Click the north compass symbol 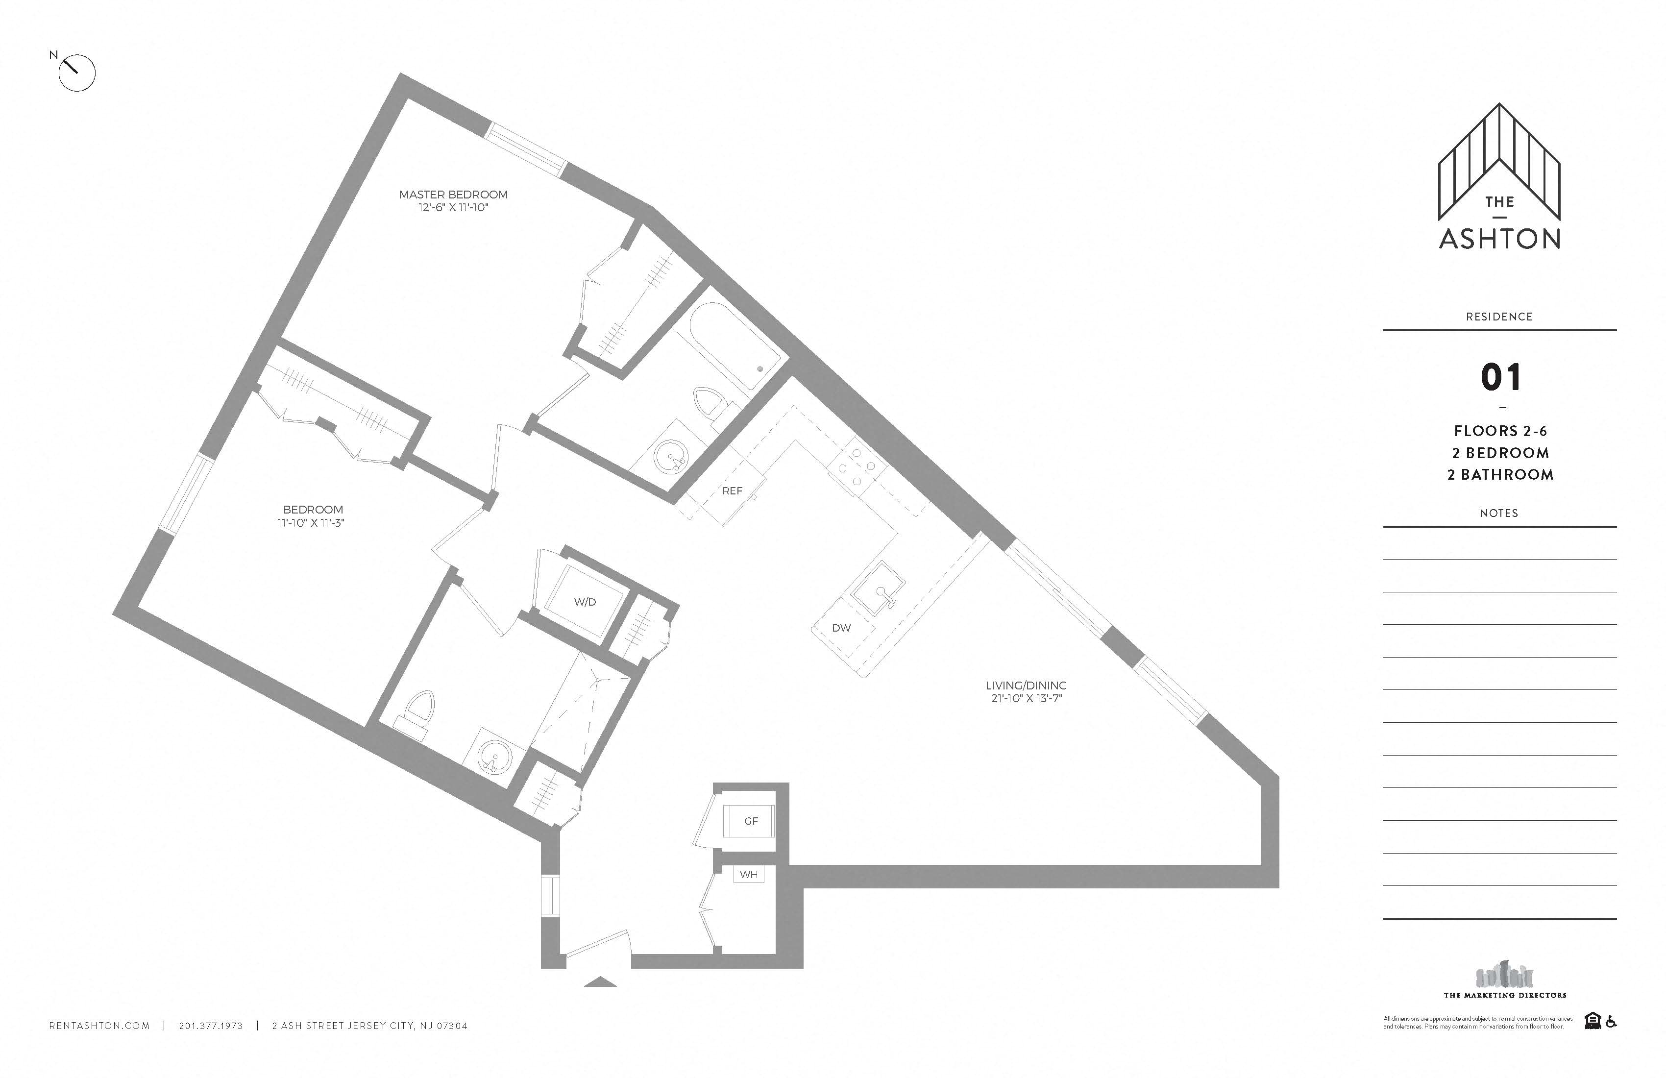(75, 72)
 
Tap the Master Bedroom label (453, 195)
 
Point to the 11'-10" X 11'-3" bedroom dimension (311, 523)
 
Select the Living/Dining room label (1026, 686)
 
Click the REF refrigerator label (732, 490)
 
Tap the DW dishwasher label (841, 628)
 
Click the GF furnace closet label (751, 821)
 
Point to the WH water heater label (748, 874)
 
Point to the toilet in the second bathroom (418, 712)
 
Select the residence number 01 (1500, 378)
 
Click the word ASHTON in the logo (1499, 239)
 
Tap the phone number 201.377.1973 (211, 1026)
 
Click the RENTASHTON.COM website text (99, 1026)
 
